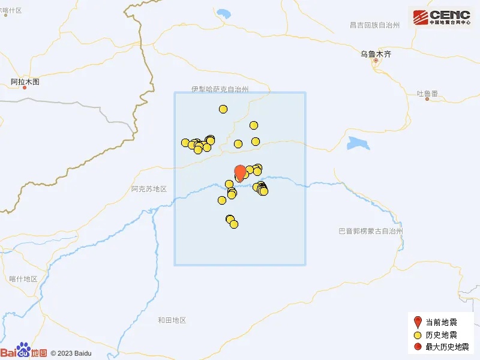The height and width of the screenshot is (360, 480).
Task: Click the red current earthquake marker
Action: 239,172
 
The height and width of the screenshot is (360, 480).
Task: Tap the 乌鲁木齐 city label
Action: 376,54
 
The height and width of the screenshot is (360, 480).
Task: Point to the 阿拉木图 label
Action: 25,82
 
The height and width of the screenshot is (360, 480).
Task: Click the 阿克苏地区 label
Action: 148,189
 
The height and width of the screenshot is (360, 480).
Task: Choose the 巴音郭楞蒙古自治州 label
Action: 370,231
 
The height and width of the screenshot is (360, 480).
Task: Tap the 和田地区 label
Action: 172,320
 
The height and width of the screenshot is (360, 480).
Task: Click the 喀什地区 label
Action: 23,279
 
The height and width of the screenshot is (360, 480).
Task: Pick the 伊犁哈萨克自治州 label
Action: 220,89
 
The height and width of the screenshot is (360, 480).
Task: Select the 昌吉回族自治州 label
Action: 374,25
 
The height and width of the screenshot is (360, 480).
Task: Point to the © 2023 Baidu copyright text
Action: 70,353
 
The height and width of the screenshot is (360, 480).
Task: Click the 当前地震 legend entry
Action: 441,322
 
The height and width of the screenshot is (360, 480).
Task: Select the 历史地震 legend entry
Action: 441,335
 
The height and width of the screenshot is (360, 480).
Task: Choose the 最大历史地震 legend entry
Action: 445,347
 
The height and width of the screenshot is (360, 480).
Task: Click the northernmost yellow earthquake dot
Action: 223,109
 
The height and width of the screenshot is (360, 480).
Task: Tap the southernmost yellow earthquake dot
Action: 234,224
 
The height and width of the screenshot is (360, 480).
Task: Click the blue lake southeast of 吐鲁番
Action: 358,143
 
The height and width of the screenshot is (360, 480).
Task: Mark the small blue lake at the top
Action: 224,13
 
